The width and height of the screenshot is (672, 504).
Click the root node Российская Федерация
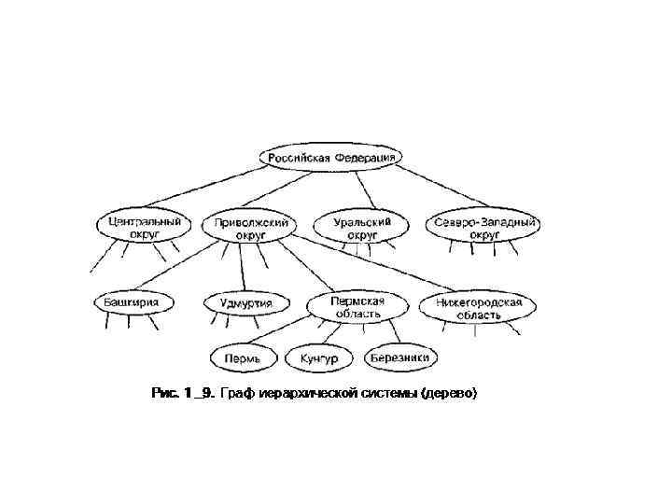click(x=331, y=158)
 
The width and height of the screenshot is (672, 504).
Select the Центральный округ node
click(x=143, y=228)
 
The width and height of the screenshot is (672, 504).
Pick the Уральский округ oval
click(x=361, y=228)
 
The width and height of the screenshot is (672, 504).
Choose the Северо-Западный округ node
click(x=485, y=228)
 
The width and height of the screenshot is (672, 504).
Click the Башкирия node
click(x=132, y=302)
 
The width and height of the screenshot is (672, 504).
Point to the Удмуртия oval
click(x=245, y=302)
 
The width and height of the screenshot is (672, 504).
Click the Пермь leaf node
click(x=244, y=357)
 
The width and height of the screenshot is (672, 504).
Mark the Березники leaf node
click(x=399, y=357)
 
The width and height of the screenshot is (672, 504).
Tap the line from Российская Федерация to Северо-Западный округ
click(x=439, y=189)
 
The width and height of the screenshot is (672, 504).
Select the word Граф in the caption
click(x=240, y=394)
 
